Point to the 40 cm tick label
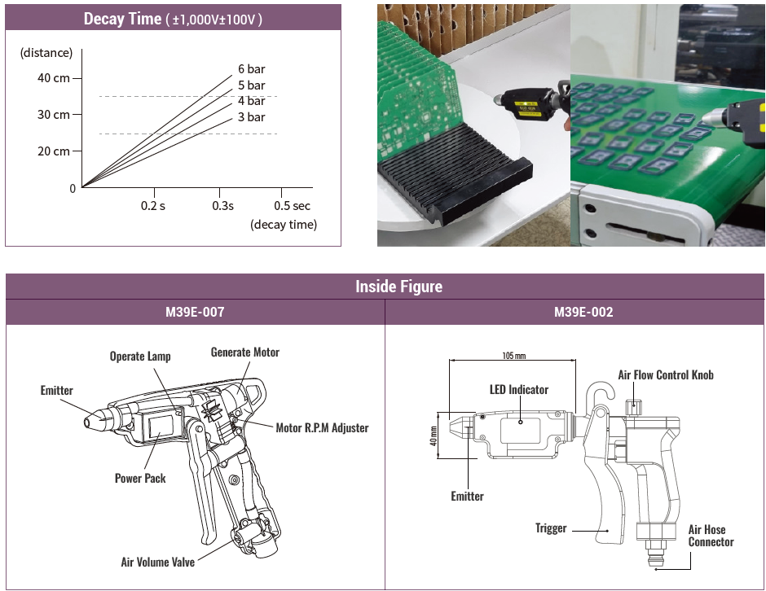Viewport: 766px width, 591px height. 54,78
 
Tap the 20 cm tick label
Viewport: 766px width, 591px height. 54,151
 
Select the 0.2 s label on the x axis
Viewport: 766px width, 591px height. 152,206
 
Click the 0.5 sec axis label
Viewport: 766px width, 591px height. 292,206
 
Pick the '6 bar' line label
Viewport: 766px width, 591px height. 251,69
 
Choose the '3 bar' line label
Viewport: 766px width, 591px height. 251,117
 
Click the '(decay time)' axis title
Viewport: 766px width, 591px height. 284,225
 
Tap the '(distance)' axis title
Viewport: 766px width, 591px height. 46,53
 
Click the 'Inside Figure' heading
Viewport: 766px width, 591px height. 398,287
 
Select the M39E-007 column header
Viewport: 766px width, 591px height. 195,312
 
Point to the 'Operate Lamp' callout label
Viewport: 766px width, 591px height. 140,357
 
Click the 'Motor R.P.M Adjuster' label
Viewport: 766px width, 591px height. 322,427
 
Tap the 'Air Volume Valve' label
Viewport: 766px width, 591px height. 159,562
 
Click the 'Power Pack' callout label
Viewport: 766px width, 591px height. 140,478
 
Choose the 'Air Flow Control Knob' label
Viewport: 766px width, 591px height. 665,375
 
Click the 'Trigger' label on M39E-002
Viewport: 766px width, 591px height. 551,528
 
